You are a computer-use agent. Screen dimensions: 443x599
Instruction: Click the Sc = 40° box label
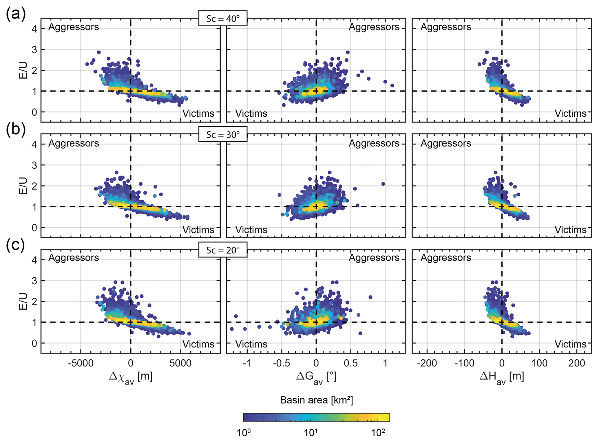[x=223, y=19]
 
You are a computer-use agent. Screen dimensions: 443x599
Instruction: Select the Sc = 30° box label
[x=223, y=135]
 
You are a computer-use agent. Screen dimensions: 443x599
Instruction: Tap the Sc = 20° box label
[x=223, y=250]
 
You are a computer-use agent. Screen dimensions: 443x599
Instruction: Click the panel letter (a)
[x=16, y=14]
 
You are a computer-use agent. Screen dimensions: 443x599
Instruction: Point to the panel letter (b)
[x=16, y=129]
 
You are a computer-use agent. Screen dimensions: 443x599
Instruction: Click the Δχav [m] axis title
[x=131, y=377]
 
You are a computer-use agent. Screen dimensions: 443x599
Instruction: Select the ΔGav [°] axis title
[x=316, y=377]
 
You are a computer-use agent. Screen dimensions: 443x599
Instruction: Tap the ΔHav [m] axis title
[x=502, y=377]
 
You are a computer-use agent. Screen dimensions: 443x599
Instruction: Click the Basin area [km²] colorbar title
[x=316, y=400]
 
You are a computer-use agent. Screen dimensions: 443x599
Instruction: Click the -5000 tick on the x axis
[x=81, y=363]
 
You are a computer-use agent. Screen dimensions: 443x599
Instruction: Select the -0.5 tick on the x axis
[x=281, y=363]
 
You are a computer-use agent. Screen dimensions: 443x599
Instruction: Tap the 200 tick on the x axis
[x=577, y=363]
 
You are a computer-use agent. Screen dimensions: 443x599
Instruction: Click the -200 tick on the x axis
[x=427, y=363]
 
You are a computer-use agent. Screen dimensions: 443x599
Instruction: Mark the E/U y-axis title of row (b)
[x=23, y=186]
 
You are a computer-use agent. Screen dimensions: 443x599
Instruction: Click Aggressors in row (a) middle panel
[x=374, y=27]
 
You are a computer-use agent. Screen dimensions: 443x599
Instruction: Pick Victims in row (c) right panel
[x=570, y=344]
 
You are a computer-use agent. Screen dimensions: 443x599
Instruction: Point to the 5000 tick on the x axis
[x=180, y=363]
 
